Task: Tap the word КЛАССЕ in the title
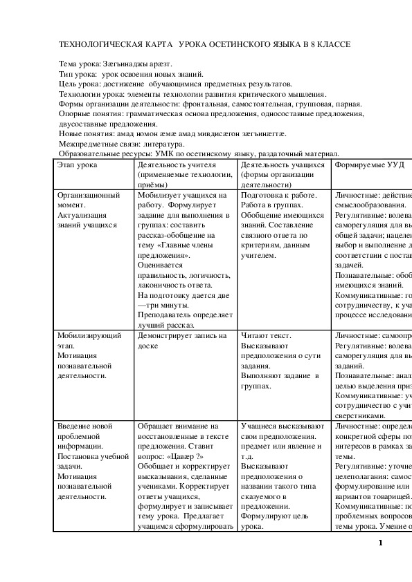[332, 44]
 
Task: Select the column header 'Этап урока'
[78, 166]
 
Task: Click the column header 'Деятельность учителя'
[177, 166]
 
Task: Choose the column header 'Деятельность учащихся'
[283, 166]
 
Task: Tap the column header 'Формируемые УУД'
[369, 166]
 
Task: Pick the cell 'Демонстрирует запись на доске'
[182, 341]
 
